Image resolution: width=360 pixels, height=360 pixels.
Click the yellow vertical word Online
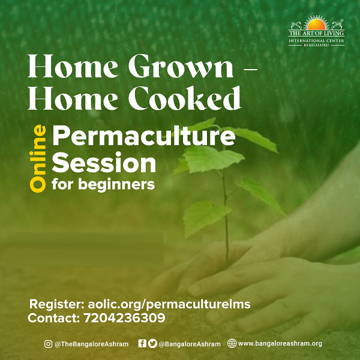pos(38,158)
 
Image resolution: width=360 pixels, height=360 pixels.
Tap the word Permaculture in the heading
pos(144,136)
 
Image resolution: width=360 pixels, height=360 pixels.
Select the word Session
pos(104,163)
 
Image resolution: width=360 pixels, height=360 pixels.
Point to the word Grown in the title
pos(181,66)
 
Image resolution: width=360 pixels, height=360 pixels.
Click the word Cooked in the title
pos(185,98)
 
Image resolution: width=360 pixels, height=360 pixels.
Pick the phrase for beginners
pos(103,185)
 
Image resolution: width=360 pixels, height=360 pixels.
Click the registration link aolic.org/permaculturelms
pos(169,304)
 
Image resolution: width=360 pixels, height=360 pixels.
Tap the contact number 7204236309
pos(124,318)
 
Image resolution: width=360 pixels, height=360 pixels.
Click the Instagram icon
pos(48,344)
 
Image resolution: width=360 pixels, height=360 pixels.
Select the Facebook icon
pos(142,343)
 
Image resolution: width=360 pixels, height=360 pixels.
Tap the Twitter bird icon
pos(152,343)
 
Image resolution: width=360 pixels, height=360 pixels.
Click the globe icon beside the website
pos(232,343)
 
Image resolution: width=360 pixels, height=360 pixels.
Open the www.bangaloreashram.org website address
pos(280,343)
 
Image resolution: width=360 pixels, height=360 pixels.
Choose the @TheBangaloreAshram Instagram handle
pos(92,344)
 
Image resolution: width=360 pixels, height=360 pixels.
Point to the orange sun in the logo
pos(316,25)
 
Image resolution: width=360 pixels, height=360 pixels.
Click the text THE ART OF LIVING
pos(316,33)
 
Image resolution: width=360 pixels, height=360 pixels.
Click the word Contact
pos(54,318)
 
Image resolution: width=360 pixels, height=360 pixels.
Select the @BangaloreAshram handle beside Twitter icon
pos(190,344)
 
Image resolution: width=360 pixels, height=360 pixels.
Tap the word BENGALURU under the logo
pos(316,45)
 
